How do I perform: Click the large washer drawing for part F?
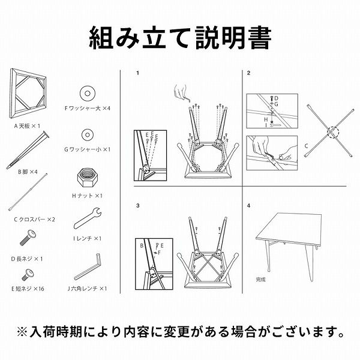click(x=88, y=94)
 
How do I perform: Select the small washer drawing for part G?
click(x=88, y=135)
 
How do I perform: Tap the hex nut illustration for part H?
click(x=88, y=179)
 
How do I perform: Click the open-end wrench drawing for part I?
click(x=87, y=218)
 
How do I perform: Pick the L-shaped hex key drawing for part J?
click(x=88, y=266)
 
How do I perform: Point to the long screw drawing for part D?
click(x=28, y=238)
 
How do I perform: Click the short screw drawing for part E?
click(x=28, y=274)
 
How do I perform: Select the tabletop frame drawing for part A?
click(x=28, y=93)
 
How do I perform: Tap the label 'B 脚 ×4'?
click(x=28, y=172)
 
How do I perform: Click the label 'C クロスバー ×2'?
click(x=35, y=220)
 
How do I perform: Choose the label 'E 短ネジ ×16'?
click(x=28, y=289)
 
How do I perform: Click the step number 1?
click(x=138, y=73)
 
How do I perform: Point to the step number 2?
click(x=248, y=73)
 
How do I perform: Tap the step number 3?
click(x=138, y=205)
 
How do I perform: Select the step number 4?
click(x=248, y=205)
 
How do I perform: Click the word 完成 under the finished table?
click(x=260, y=280)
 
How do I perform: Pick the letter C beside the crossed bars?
click(x=306, y=146)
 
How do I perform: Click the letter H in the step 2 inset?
click(x=266, y=119)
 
